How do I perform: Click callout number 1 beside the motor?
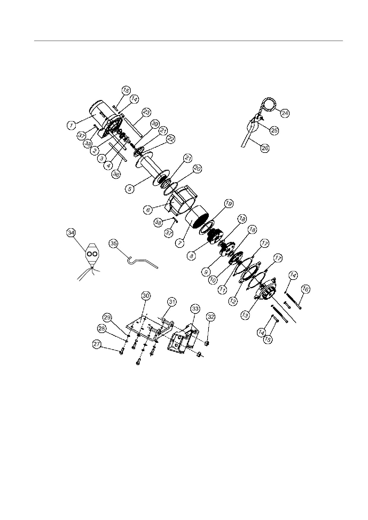[71, 126]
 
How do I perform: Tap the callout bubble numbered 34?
[71, 233]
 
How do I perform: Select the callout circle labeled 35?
[113, 243]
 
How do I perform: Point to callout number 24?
[285, 113]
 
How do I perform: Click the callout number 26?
[265, 148]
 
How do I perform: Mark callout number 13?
[245, 315]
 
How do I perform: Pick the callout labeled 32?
[211, 317]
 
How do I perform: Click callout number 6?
[148, 210]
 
